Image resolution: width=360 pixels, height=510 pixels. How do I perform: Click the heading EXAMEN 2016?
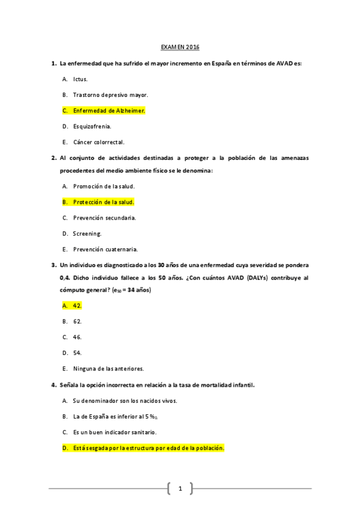180,47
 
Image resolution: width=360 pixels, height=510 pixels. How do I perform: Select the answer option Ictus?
81,79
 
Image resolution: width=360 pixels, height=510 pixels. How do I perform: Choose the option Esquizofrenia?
92,126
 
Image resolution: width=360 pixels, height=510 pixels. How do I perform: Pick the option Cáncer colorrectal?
99,142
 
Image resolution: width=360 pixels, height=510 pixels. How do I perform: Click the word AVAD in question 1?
285,63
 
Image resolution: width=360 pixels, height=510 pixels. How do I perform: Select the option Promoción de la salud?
103,186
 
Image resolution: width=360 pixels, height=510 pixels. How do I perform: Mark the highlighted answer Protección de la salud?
103,202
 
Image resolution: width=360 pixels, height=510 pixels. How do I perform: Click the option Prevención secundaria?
104,217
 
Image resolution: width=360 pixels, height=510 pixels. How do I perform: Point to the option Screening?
87,233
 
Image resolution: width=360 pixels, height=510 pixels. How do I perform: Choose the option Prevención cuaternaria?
105,248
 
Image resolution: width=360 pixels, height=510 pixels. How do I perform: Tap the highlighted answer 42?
77,306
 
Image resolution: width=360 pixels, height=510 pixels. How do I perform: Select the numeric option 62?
77,321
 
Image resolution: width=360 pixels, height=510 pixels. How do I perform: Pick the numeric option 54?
77,352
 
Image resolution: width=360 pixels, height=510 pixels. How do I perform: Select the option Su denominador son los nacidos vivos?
124,401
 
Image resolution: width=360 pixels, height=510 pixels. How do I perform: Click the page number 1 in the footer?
180,488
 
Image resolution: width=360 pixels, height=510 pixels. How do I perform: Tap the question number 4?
54,385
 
